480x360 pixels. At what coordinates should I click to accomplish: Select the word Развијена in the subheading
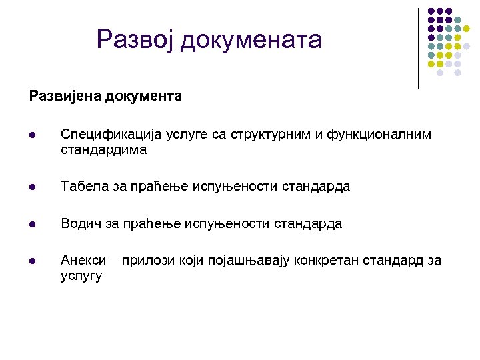pos(62,96)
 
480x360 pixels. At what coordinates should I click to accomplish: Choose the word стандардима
pos(103,150)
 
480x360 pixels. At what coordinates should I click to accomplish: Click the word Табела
pos(81,187)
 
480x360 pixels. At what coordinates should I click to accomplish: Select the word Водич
pos(79,224)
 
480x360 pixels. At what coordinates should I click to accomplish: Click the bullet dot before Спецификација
pos(32,135)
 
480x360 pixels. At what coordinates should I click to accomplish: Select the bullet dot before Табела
pos(32,187)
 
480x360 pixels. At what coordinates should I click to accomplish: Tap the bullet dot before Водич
pos(32,225)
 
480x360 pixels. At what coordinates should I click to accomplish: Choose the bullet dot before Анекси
pos(32,261)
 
